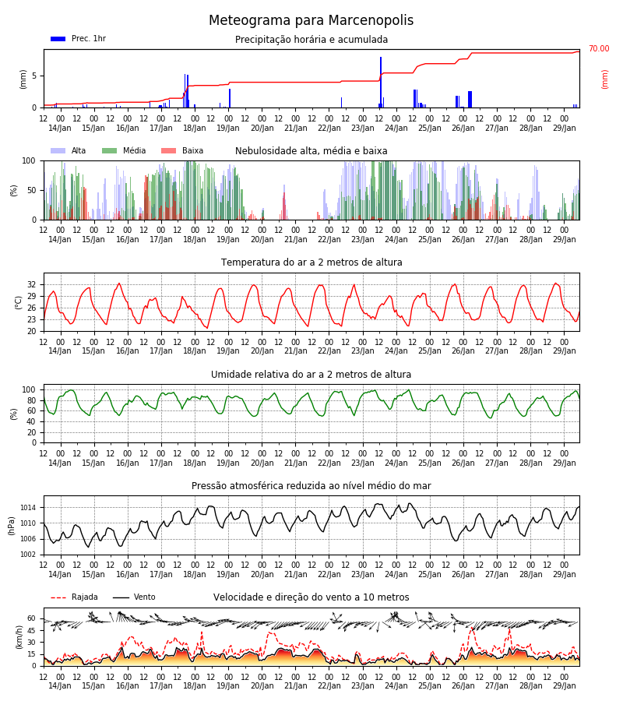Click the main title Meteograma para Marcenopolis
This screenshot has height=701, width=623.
pos(311,20)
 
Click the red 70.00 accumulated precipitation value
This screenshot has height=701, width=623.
pos(599,48)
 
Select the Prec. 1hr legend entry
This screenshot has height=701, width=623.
pos(78,39)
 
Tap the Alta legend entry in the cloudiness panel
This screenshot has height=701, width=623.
pos(68,150)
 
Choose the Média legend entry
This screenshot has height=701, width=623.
pos(124,150)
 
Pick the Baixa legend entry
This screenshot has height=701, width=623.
pos(182,150)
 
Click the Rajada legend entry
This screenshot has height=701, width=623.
pos(74,597)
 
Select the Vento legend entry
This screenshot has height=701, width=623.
pos(134,597)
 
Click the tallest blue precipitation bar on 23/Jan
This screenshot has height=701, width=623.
pos(381,83)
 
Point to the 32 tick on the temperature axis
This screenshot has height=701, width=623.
pos(32,285)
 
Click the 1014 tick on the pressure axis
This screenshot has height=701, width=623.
pos(28,507)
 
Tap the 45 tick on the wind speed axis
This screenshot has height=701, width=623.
pos(32,631)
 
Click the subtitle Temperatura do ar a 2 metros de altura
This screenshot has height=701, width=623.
pos(311,262)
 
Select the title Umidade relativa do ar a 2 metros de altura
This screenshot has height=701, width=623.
pos(311,374)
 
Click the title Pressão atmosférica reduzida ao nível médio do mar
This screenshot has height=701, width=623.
pos(311,486)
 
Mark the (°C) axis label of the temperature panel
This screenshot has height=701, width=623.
pos(19,302)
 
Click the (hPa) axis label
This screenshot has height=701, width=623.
pos(11,526)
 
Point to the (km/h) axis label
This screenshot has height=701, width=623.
pos(19,637)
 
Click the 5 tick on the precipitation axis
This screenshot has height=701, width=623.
pos(34,76)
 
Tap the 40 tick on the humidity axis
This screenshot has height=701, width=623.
pos(32,421)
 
